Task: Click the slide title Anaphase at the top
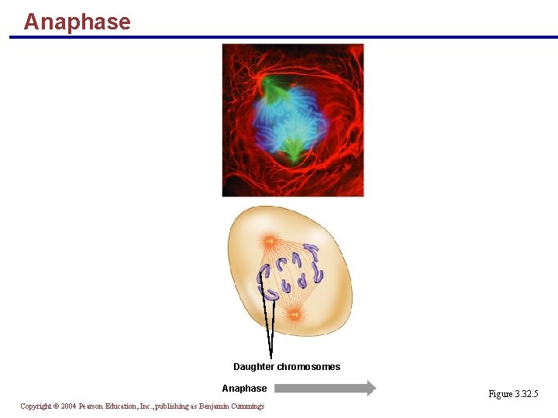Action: (77, 21)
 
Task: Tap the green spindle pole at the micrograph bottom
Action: (293, 149)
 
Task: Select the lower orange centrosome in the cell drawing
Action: (294, 313)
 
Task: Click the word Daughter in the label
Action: (253, 367)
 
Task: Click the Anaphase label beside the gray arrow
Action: (244, 389)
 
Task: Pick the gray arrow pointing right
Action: (325, 389)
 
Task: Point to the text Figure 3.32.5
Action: (513, 394)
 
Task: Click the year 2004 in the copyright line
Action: (67, 406)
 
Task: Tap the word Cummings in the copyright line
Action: (246, 406)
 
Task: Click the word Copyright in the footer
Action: (36, 406)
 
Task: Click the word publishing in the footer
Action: (170, 406)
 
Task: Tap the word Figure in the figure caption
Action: (500, 394)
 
